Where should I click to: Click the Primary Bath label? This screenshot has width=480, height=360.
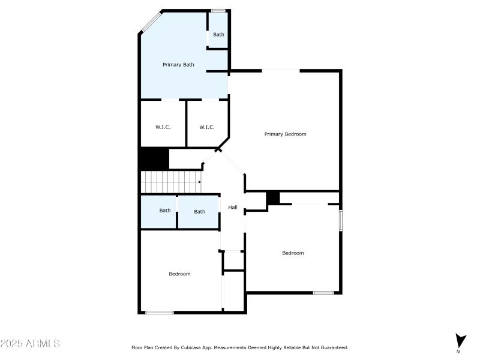(178, 64)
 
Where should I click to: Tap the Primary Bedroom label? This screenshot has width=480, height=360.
(285, 134)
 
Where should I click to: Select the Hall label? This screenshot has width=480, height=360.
(233, 208)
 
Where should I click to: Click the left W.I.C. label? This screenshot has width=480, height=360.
(163, 127)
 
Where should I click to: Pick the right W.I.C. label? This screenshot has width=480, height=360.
(207, 127)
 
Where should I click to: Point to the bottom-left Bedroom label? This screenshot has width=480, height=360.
(179, 274)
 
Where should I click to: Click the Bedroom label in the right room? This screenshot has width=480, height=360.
(293, 253)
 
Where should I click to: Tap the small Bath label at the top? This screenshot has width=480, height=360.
(218, 34)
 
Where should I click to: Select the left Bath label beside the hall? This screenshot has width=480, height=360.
(165, 211)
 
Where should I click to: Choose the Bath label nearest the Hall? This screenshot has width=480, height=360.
(199, 211)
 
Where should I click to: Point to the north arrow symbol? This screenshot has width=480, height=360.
(460, 341)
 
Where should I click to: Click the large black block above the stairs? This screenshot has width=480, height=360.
(154, 159)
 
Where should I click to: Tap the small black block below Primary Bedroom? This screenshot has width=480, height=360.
(273, 197)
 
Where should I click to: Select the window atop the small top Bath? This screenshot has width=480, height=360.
(218, 10)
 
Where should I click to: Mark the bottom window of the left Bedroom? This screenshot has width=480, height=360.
(160, 312)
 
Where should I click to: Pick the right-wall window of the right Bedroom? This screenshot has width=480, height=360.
(341, 219)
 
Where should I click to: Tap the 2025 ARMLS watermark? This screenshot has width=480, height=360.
(30, 344)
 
